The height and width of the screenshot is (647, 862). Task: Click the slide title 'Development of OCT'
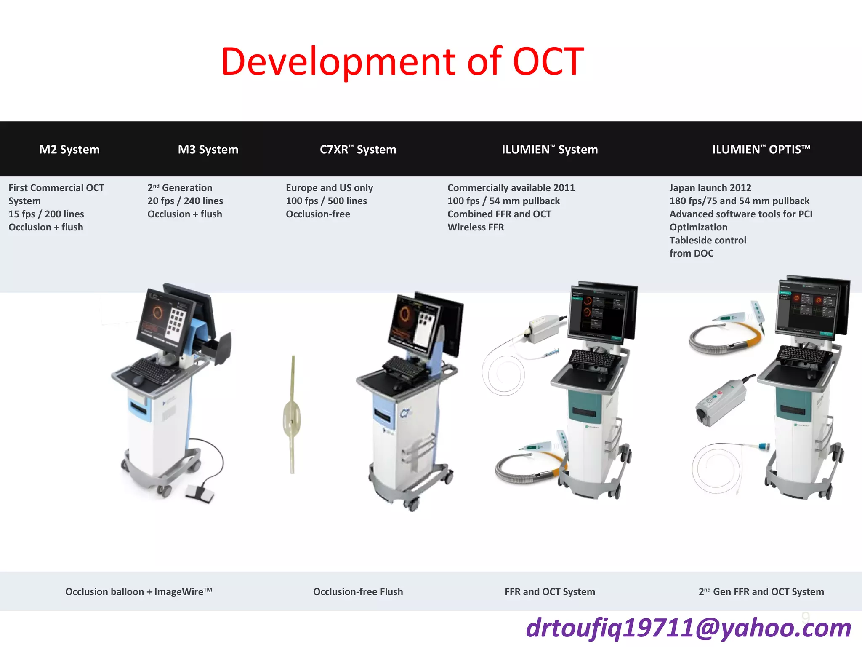coord(402,61)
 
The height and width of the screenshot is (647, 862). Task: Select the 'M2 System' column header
coord(69,150)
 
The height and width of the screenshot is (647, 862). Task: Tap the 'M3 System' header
coord(208,150)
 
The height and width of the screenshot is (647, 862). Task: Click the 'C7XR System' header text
coord(358,150)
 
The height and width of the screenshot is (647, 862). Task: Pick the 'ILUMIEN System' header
coord(550,150)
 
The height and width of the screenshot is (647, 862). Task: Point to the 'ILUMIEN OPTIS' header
coord(761,150)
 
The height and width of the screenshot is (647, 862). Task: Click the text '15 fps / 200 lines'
coord(46,214)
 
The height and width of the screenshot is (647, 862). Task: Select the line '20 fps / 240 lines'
coord(185,201)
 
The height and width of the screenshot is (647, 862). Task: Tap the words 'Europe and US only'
coord(329,188)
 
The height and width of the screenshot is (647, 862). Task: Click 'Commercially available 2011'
coord(511,188)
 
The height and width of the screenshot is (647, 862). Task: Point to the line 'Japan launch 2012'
coord(710,188)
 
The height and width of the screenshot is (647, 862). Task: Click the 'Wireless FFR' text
coord(476,227)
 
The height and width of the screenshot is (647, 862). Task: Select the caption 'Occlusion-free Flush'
coord(358,591)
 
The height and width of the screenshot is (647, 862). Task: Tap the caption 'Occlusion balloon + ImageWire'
coord(138,591)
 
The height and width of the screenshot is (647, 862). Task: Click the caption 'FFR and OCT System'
coord(550,591)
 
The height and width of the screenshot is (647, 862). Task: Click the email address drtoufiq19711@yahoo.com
coord(688,628)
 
